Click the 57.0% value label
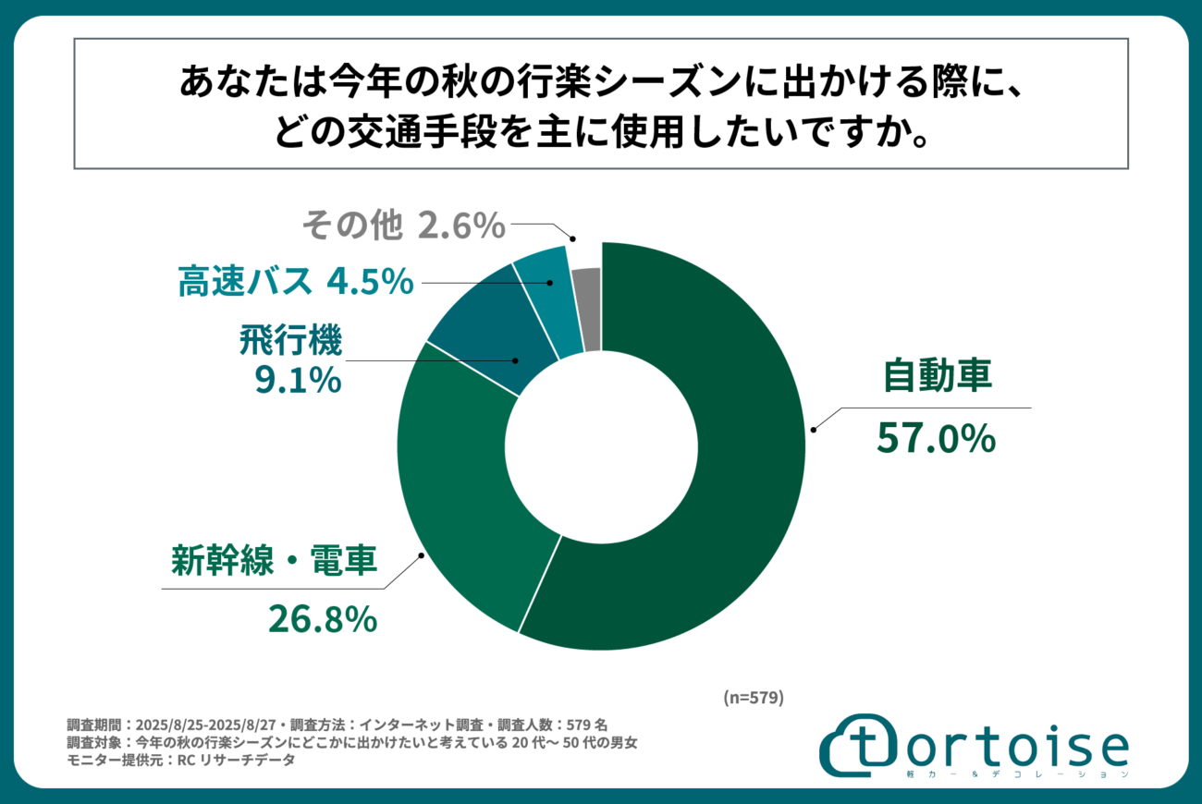pos(936,440)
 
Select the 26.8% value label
pos(323,619)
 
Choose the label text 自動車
pos(937,376)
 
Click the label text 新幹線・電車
pos(275,561)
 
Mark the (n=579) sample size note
pos(753,698)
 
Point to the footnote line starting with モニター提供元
pos(181,761)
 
